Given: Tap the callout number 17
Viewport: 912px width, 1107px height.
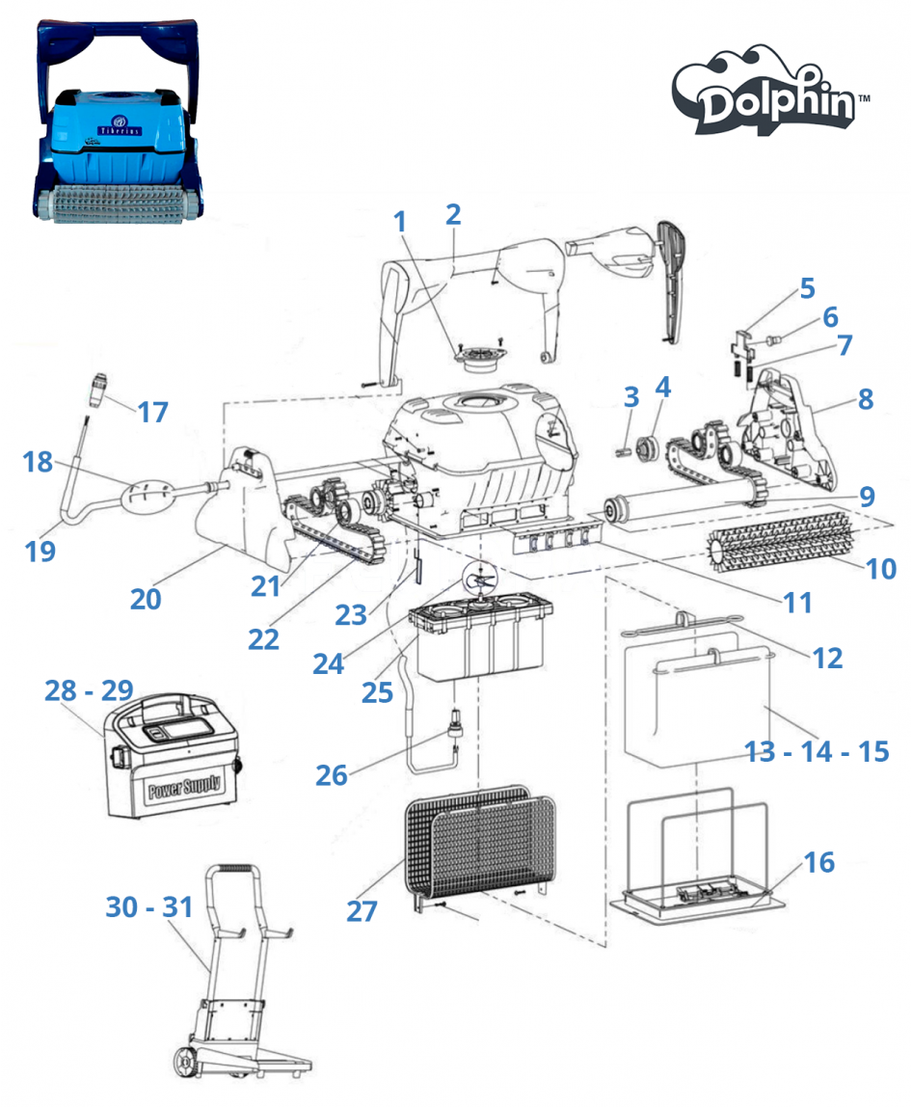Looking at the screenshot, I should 152,412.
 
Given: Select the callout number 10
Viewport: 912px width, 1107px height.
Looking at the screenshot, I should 880,568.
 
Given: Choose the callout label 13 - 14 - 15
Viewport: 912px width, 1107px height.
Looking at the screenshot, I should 818,750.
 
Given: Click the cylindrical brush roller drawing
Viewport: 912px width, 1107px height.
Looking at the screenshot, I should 781,549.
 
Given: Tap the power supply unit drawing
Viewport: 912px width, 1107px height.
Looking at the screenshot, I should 174,762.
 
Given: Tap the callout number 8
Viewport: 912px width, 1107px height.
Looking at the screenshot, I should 865,398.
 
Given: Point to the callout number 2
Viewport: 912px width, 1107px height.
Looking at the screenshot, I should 453,214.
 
